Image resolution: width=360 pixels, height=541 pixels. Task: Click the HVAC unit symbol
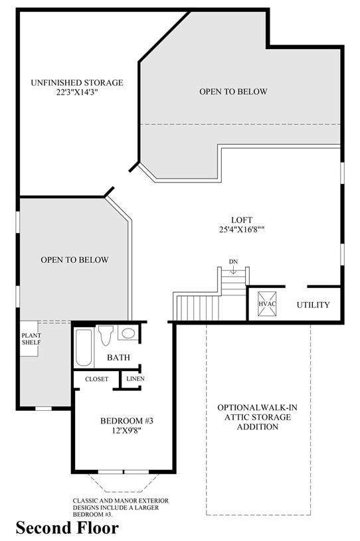[x=267, y=303]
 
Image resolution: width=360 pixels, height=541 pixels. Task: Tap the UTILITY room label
[x=313, y=305]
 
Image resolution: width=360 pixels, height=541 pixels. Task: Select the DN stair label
[x=233, y=262]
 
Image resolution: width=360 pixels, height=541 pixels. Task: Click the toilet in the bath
[x=106, y=335]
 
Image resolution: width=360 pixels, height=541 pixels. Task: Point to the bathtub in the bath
[x=84, y=347]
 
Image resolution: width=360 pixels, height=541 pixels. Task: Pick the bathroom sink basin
[x=128, y=333]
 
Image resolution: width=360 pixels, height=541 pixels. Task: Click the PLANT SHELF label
[x=31, y=339]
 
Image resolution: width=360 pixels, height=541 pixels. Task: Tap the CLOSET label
[x=97, y=379]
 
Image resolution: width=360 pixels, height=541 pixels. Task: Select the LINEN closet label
[x=135, y=378]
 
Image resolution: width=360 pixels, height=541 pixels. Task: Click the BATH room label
[x=118, y=357]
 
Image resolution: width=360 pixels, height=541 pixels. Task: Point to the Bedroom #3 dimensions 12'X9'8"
[x=126, y=430]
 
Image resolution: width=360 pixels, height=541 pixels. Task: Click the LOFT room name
[x=242, y=220]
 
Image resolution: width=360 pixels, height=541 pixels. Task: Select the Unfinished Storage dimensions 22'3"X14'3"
[x=76, y=92]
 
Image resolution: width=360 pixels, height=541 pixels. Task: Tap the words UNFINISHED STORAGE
[x=77, y=83]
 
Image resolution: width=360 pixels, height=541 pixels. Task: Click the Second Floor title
[x=67, y=528]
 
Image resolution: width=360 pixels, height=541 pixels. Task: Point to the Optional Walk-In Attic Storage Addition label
[x=258, y=417]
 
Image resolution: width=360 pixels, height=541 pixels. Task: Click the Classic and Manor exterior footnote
[x=121, y=507]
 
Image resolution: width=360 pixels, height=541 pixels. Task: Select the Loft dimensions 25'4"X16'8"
[x=242, y=229]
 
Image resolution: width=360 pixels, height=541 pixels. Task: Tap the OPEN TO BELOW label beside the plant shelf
[x=74, y=260]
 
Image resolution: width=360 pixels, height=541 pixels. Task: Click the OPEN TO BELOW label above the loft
[x=233, y=92]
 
